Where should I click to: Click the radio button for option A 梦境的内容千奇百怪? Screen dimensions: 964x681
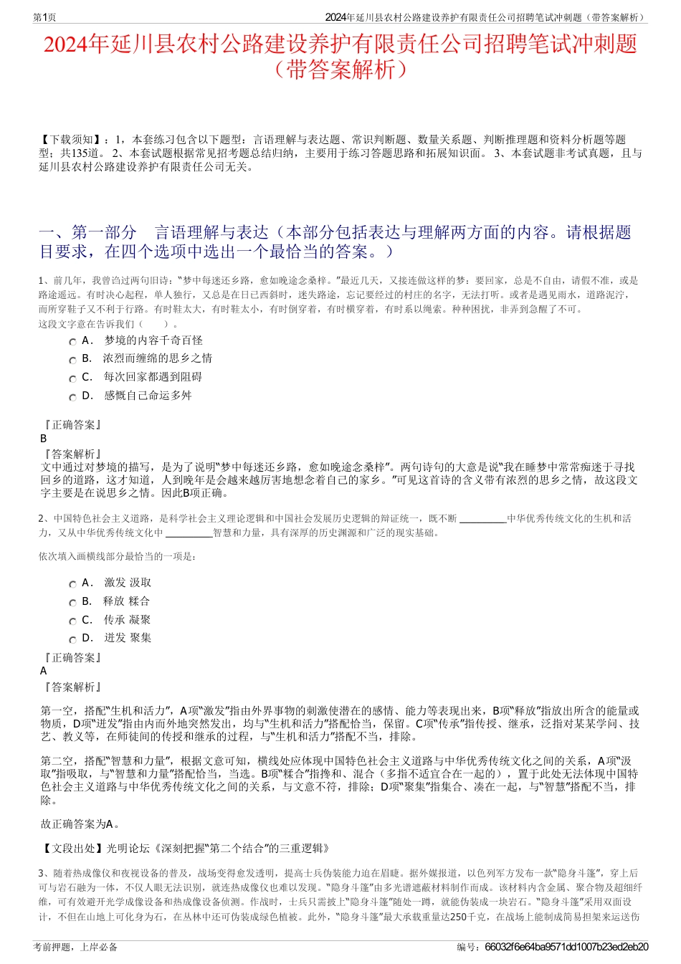tap(72, 342)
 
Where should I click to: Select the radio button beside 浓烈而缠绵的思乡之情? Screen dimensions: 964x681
tap(72, 360)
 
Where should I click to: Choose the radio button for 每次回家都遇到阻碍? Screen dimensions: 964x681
tap(72, 378)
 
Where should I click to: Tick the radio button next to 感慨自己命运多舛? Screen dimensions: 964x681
tap(72, 397)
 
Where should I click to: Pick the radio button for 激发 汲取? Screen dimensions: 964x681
tap(72, 584)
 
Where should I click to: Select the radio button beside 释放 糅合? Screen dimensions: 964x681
tap(72, 603)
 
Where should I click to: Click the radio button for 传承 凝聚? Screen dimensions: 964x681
tap(72, 621)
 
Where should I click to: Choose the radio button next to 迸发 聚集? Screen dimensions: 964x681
tap(72, 639)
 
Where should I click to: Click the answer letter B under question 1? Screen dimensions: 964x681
tap(44, 439)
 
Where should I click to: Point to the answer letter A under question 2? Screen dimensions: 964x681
tap(44, 671)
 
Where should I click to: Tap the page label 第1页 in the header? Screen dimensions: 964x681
tap(45, 17)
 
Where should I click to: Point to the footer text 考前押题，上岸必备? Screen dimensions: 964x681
tap(75, 947)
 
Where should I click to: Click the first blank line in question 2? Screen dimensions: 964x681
tap(482, 519)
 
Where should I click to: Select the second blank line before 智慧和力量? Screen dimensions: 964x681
tap(189, 533)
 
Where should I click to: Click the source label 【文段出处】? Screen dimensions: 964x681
tap(72, 849)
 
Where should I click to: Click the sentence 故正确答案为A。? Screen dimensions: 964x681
tap(81, 824)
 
